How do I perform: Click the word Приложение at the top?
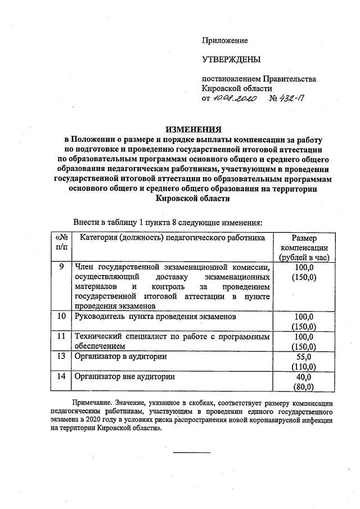click(x=225, y=40)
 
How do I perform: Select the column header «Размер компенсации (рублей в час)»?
click(x=305, y=247)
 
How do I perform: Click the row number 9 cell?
click(x=61, y=267)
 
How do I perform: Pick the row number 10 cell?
click(x=62, y=316)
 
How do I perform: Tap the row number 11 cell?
click(x=62, y=336)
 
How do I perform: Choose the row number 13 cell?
click(x=62, y=356)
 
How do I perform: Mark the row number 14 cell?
click(x=62, y=376)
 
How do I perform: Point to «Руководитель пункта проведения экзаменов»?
click(x=155, y=317)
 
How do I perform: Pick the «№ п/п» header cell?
click(x=62, y=242)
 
